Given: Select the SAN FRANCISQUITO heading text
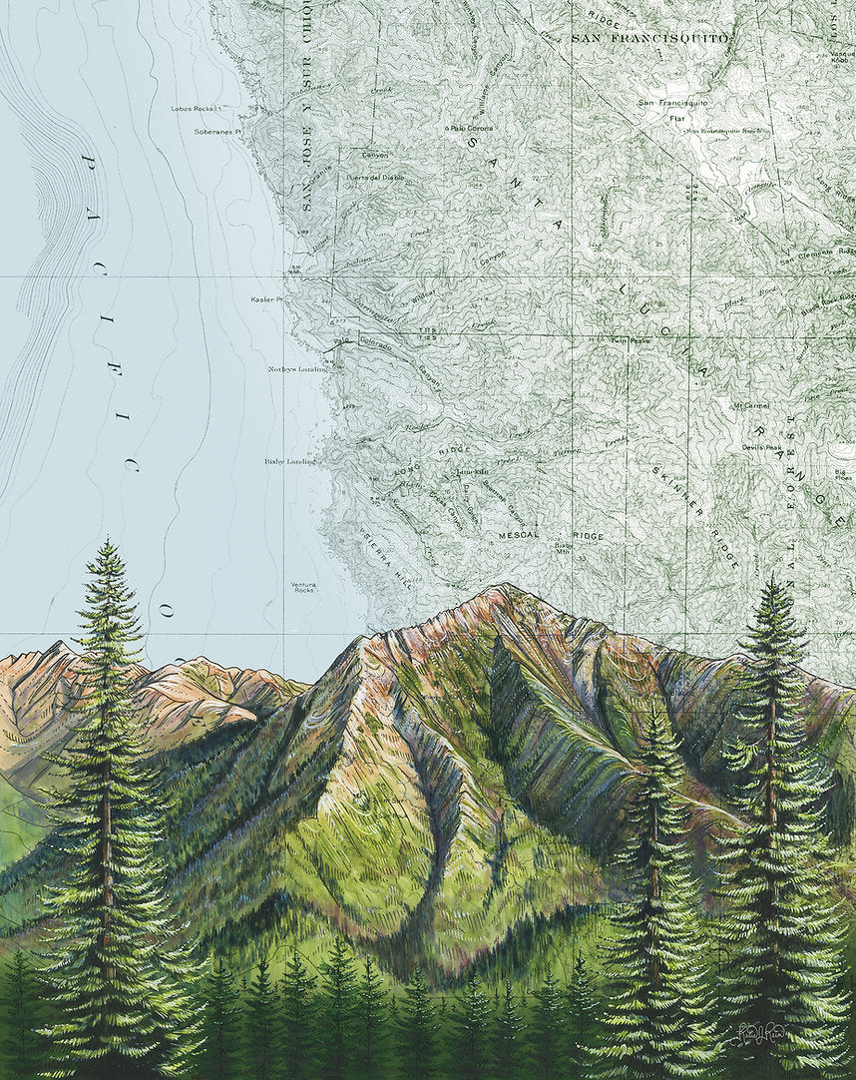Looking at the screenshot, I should pyautogui.click(x=650, y=38).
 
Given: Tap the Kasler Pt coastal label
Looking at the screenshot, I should pyautogui.click(x=267, y=298).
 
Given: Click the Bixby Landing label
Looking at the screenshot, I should pyautogui.click(x=290, y=462).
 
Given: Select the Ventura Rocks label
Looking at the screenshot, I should pyautogui.click(x=303, y=587).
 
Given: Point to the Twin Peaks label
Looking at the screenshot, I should pyautogui.click(x=630, y=340).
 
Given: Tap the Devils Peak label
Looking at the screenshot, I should pyautogui.click(x=766, y=448).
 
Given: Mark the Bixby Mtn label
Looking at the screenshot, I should pyautogui.click(x=565, y=548).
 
